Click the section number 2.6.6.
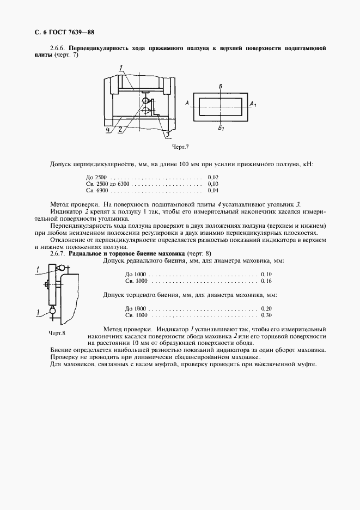click(58, 48)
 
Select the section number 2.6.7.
click(58, 254)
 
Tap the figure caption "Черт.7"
click(180, 147)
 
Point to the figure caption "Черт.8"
click(56, 333)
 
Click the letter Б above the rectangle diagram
click(219, 87)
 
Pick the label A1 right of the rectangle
click(253, 103)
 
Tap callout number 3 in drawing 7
click(167, 133)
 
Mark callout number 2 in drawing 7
click(119, 130)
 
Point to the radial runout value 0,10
click(266, 274)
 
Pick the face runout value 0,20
click(266, 308)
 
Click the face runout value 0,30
click(266, 315)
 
